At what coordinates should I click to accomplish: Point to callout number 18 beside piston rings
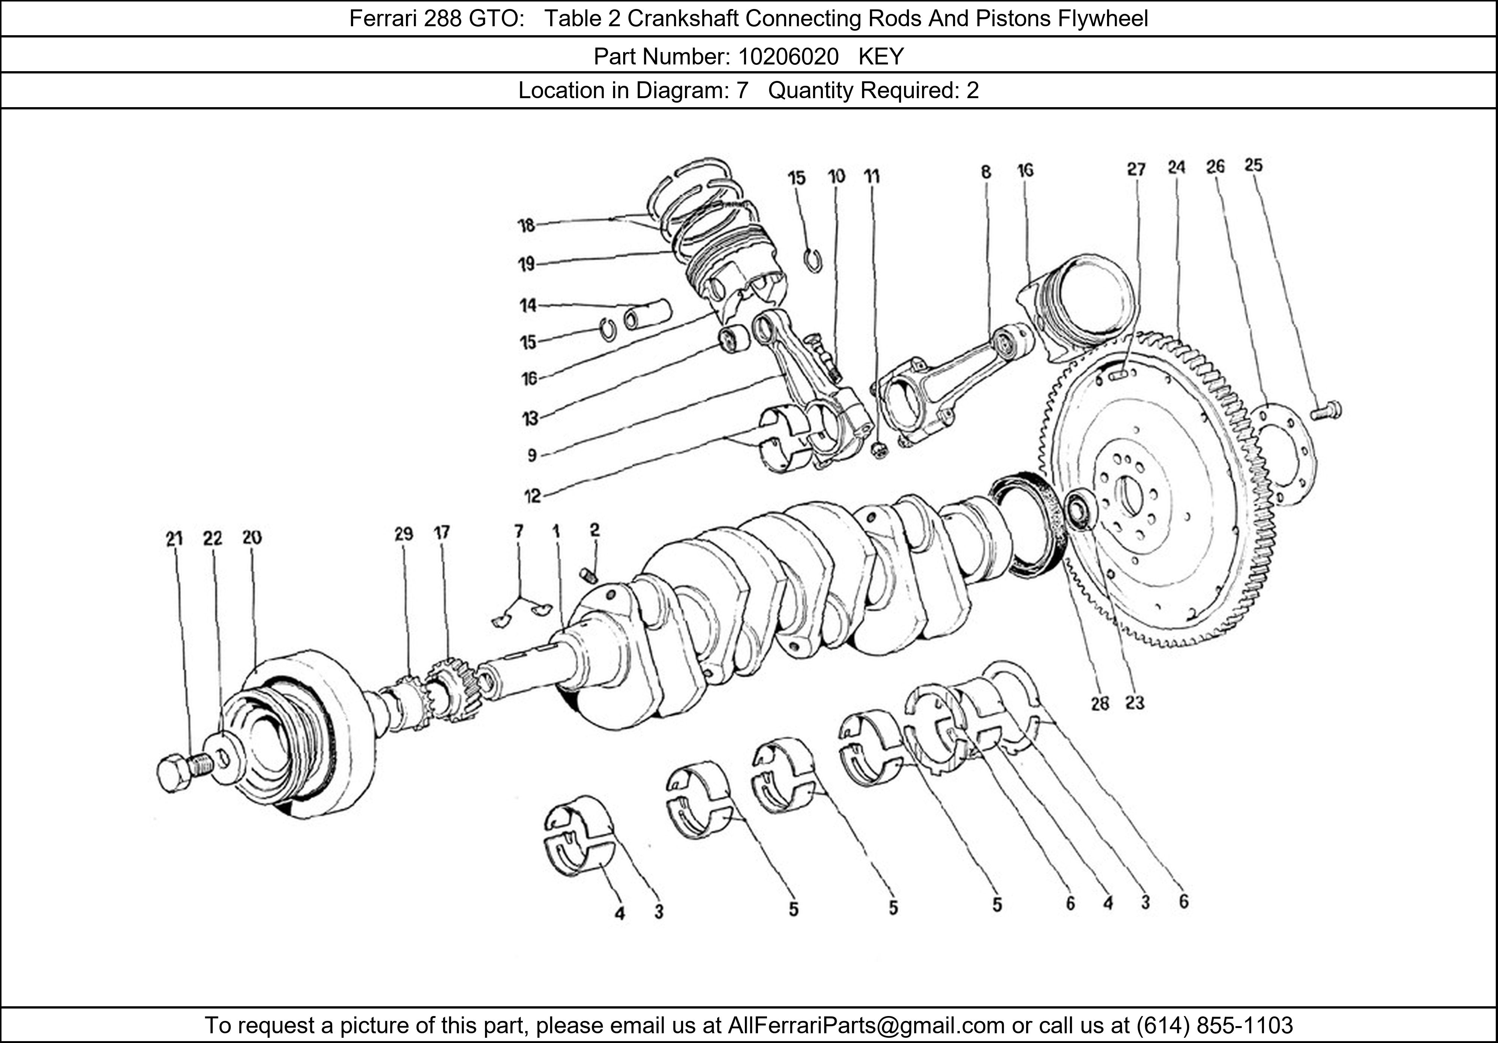click(x=526, y=226)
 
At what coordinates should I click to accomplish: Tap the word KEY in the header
click(x=881, y=57)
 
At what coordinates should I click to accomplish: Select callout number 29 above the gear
click(x=404, y=534)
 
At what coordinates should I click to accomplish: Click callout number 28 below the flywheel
click(x=1100, y=704)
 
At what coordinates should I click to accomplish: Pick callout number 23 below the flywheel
click(x=1135, y=703)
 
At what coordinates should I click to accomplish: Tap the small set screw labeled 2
click(x=589, y=575)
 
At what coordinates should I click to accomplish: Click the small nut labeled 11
click(x=879, y=450)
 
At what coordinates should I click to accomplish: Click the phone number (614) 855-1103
click(x=1214, y=1025)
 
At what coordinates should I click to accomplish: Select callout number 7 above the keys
click(x=519, y=531)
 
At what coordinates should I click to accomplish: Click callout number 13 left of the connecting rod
click(x=530, y=418)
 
